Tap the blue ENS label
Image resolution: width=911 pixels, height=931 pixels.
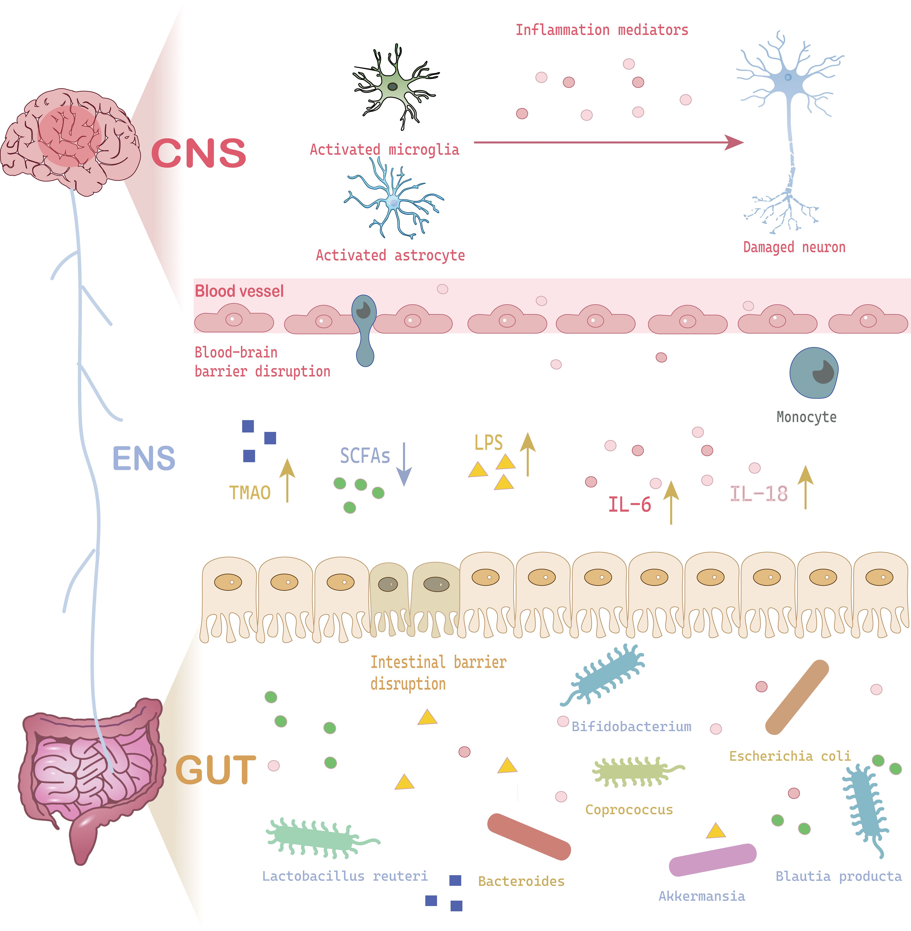pos(143,458)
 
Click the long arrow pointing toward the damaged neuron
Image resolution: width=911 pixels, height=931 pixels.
pos(608,142)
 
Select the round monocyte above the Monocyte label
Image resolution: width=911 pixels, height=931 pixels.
pos(813,372)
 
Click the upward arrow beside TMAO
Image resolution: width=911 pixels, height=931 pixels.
pos(287,480)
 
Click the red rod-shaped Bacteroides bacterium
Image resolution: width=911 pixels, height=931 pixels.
pos(529,836)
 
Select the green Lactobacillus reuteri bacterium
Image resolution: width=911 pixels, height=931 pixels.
pos(318,838)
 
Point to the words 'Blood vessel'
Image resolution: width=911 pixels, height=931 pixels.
pos(239,291)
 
